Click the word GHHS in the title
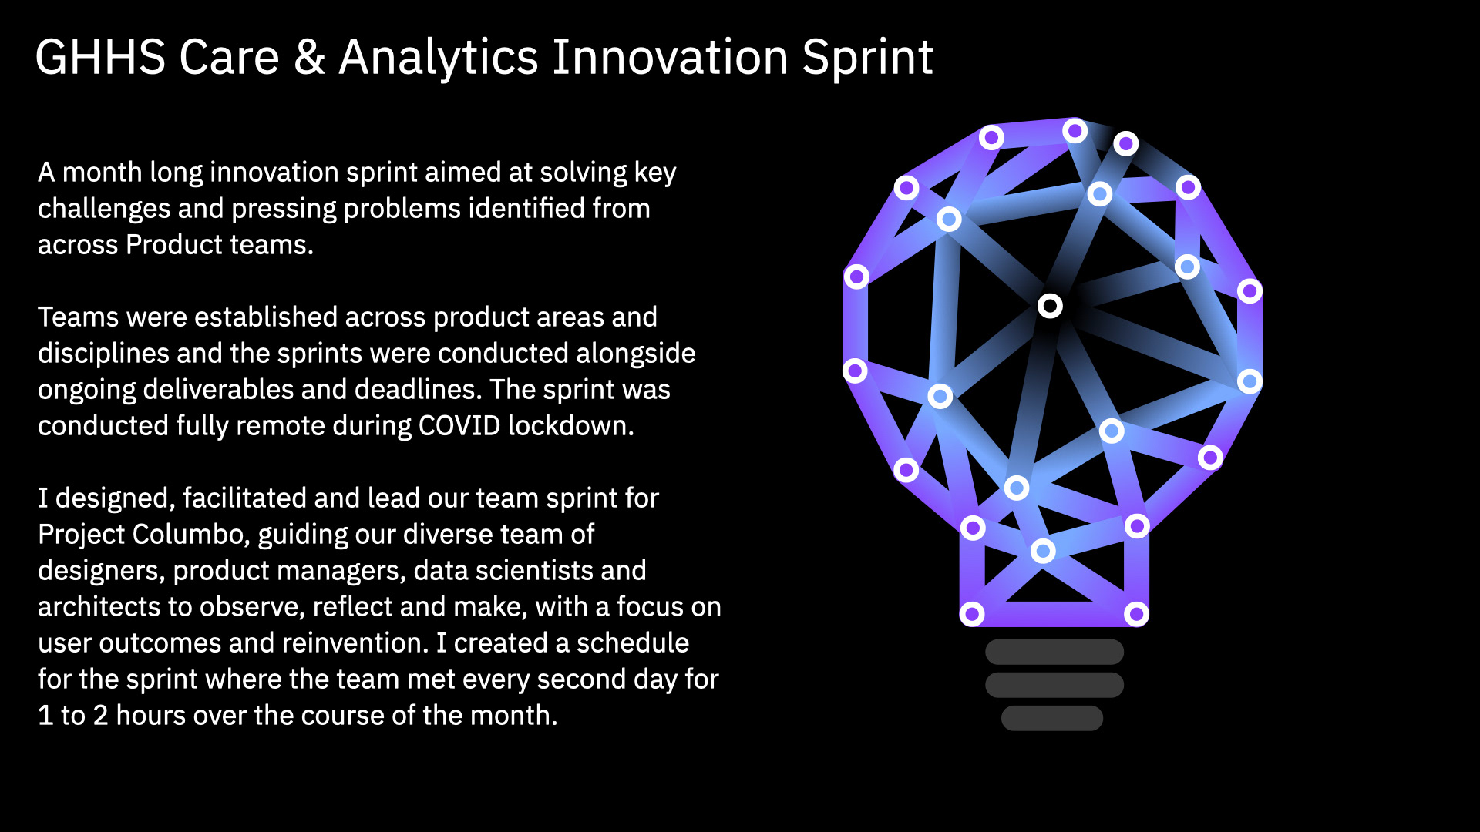[x=100, y=58]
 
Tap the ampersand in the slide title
[x=309, y=58]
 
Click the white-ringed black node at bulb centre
[x=1050, y=306]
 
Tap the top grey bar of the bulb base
[x=1054, y=652]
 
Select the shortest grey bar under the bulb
[x=1052, y=718]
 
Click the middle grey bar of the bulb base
[x=1054, y=685]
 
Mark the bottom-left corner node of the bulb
[x=972, y=614]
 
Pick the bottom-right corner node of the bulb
[x=1136, y=614]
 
